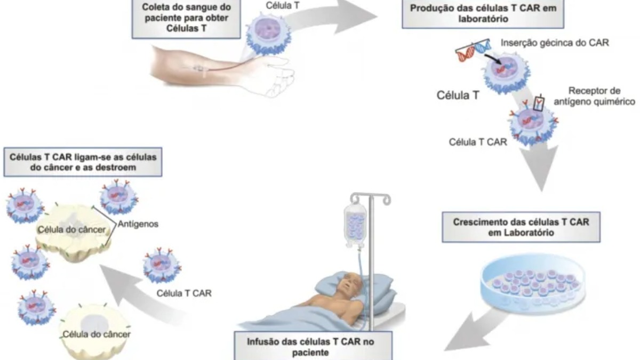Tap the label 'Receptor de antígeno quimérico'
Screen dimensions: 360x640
(602, 95)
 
